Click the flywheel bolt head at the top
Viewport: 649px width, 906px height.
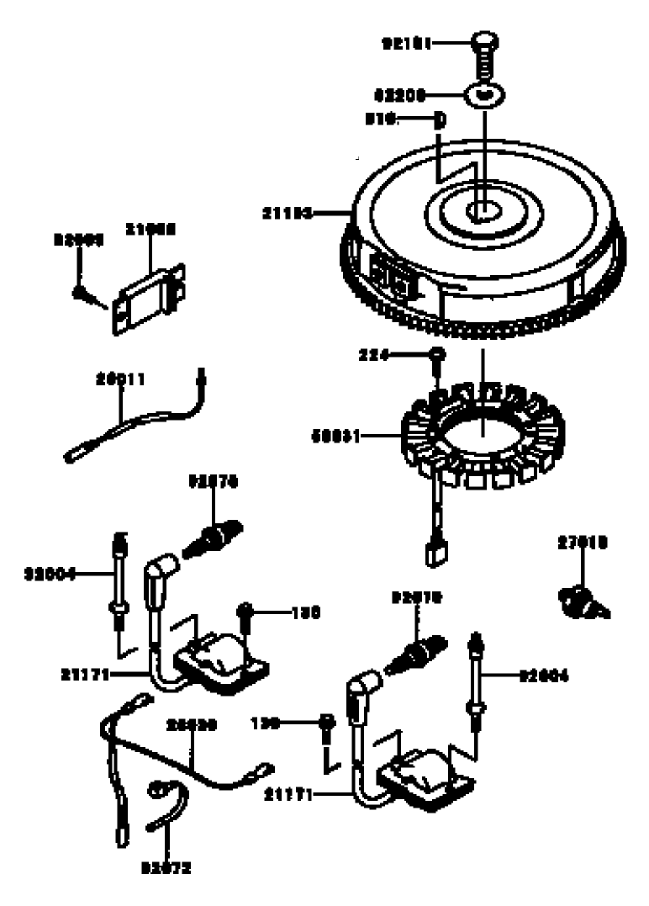point(485,39)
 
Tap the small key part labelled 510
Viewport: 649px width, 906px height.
point(438,119)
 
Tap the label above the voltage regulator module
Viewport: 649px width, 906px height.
point(150,229)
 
